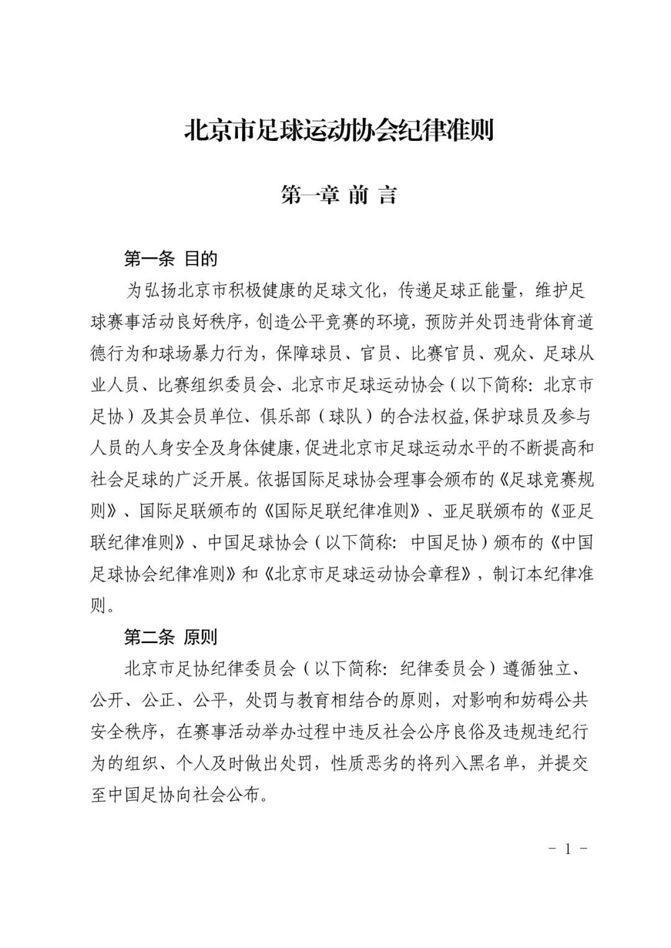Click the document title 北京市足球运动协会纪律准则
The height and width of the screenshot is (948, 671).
click(339, 131)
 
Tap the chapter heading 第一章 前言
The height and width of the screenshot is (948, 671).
click(339, 196)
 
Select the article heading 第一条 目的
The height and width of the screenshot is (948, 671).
click(171, 258)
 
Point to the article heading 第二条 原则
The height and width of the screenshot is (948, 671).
click(171, 637)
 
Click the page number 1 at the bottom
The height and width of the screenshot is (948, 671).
click(567, 849)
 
